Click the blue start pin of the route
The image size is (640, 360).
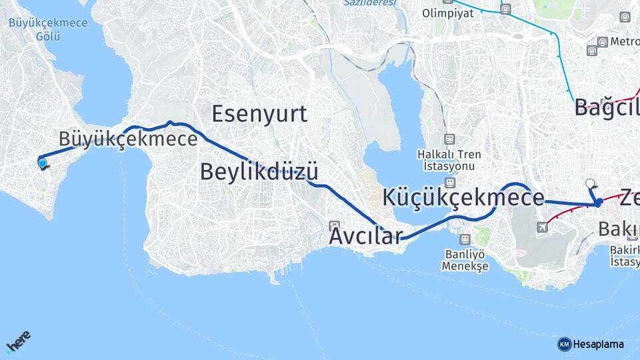(x=43, y=163)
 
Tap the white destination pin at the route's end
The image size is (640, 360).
(x=589, y=183)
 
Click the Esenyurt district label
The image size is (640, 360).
(x=259, y=114)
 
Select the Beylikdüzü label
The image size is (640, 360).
(x=258, y=171)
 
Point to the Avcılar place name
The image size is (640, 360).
(x=366, y=236)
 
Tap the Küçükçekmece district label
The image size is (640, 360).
(x=463, y=198)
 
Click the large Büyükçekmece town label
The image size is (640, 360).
(x=128, y=139)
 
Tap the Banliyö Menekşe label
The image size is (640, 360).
(x=465, y=259)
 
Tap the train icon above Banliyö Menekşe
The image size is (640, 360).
(x=465, y=239)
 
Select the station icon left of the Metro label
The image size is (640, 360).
(x=603, y=41)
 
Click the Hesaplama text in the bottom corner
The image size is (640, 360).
(x=599, y=344)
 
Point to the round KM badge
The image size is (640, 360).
(x=564, y=344)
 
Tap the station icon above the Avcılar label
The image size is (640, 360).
(x=334, y=225)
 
